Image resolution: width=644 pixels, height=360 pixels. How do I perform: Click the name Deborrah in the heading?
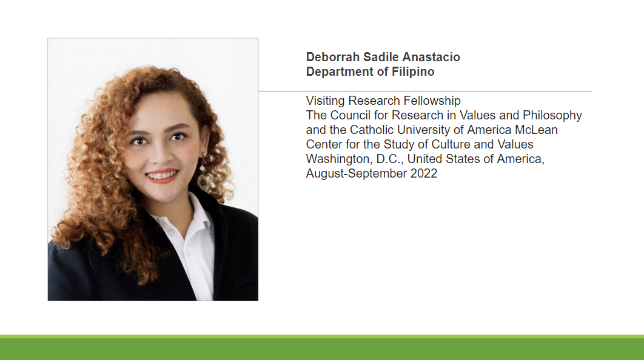pyautogui.click(x=333, y=57)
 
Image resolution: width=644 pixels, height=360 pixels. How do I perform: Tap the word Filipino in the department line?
pyautogui.click(x=413, y=72)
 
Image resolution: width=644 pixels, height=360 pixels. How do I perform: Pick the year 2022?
pyautogui.click(x=424, y=174)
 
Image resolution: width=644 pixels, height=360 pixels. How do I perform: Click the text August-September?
pyautogui.click(x=357, y=174)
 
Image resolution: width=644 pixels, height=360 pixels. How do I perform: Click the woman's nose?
pyautogui.click(x=161, y=155)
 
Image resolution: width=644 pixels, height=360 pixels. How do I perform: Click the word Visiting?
pyautogui.click(x=325, y=101)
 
